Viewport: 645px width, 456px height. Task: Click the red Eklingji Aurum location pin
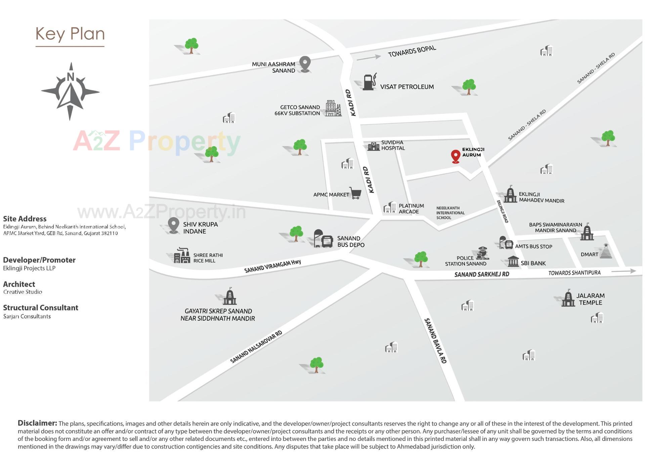click(x=455, y=156)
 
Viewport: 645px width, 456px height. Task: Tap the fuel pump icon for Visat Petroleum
click(x=369, y=82)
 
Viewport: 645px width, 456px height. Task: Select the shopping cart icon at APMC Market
click(x=355, y=193)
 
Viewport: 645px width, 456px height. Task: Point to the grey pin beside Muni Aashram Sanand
click(x=305, y=64)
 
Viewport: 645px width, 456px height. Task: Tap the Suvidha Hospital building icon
click(x=374, y=146)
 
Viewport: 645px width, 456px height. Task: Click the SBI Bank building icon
click(x=513, y=261)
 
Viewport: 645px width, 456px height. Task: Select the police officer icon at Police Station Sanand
click(x=482, y=253)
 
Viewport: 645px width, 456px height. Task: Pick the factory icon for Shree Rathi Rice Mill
click(x=182, y=256)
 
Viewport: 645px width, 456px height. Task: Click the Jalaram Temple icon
click(x=568, y=298)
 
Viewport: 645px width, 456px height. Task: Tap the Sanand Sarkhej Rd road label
click(x=481, y=275)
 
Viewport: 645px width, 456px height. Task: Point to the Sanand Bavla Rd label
click(x=435, y=341)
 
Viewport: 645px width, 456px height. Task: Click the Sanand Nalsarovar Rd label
click(x=256, y=347)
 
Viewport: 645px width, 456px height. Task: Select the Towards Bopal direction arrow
click(x=369, y=57)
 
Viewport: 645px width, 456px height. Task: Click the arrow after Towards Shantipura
click(x=623, y=271)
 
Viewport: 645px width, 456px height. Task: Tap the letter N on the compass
click(x=70, y=77)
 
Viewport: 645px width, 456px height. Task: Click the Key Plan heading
click(x=70, y=34)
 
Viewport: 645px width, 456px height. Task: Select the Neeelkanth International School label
click(x=450, y=213)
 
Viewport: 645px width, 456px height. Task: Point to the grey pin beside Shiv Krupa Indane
click(x=173, y=225)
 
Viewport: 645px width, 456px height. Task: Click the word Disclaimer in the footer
click(x=37, y=423)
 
